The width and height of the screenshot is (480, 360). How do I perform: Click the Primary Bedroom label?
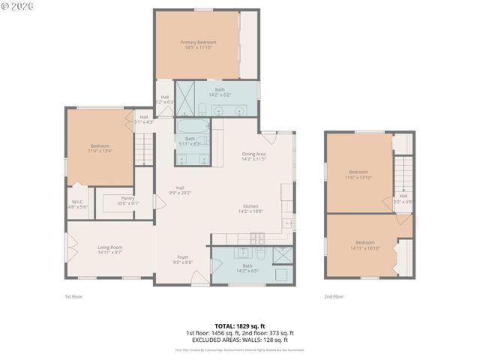coord(199,43)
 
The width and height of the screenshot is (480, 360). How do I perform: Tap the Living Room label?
coord(110,247)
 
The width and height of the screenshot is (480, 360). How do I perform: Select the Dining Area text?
coord(254,154)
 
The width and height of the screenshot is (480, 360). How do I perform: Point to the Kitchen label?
coord(250,206)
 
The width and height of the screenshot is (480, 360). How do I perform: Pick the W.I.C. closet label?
coord(79,202)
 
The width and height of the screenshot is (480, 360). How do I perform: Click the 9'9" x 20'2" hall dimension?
coord(180,193)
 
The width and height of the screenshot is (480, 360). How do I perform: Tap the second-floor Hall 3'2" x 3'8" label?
coord(403,198)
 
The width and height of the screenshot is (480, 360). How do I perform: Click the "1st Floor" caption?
coord(73,297)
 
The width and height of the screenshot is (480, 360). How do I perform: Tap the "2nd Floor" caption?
coord(333,297)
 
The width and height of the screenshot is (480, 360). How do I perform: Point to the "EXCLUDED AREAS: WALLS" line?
coord(239,339)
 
